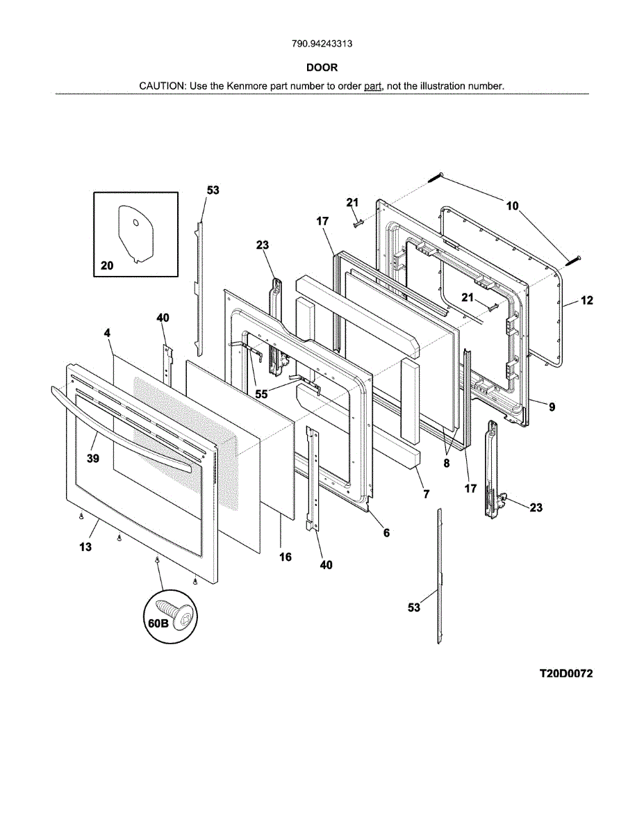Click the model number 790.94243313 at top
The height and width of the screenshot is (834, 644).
click(322, 44)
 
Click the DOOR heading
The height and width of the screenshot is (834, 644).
click(322, 68)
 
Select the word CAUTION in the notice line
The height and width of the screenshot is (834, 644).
click(162, 86)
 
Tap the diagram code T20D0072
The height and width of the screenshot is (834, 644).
click(566, 674)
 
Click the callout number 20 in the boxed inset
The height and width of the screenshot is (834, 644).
click(106, 265)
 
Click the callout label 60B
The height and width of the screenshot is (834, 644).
click(158, 623)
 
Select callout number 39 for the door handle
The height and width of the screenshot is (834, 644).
click(92, 459)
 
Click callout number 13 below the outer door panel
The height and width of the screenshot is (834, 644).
click(85, 548)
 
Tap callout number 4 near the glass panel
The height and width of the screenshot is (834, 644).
click(107, 334)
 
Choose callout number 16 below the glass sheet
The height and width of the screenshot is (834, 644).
click(285, 557)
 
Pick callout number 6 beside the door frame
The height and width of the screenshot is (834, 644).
click(386, 533)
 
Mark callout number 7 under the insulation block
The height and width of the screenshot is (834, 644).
click(426, 494)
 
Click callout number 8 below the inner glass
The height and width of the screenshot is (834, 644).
click(447, 462)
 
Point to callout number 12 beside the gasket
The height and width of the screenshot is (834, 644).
click(587, 301)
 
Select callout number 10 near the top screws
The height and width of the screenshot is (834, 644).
click(512, 206)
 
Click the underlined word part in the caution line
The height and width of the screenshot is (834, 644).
click(373, 86)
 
